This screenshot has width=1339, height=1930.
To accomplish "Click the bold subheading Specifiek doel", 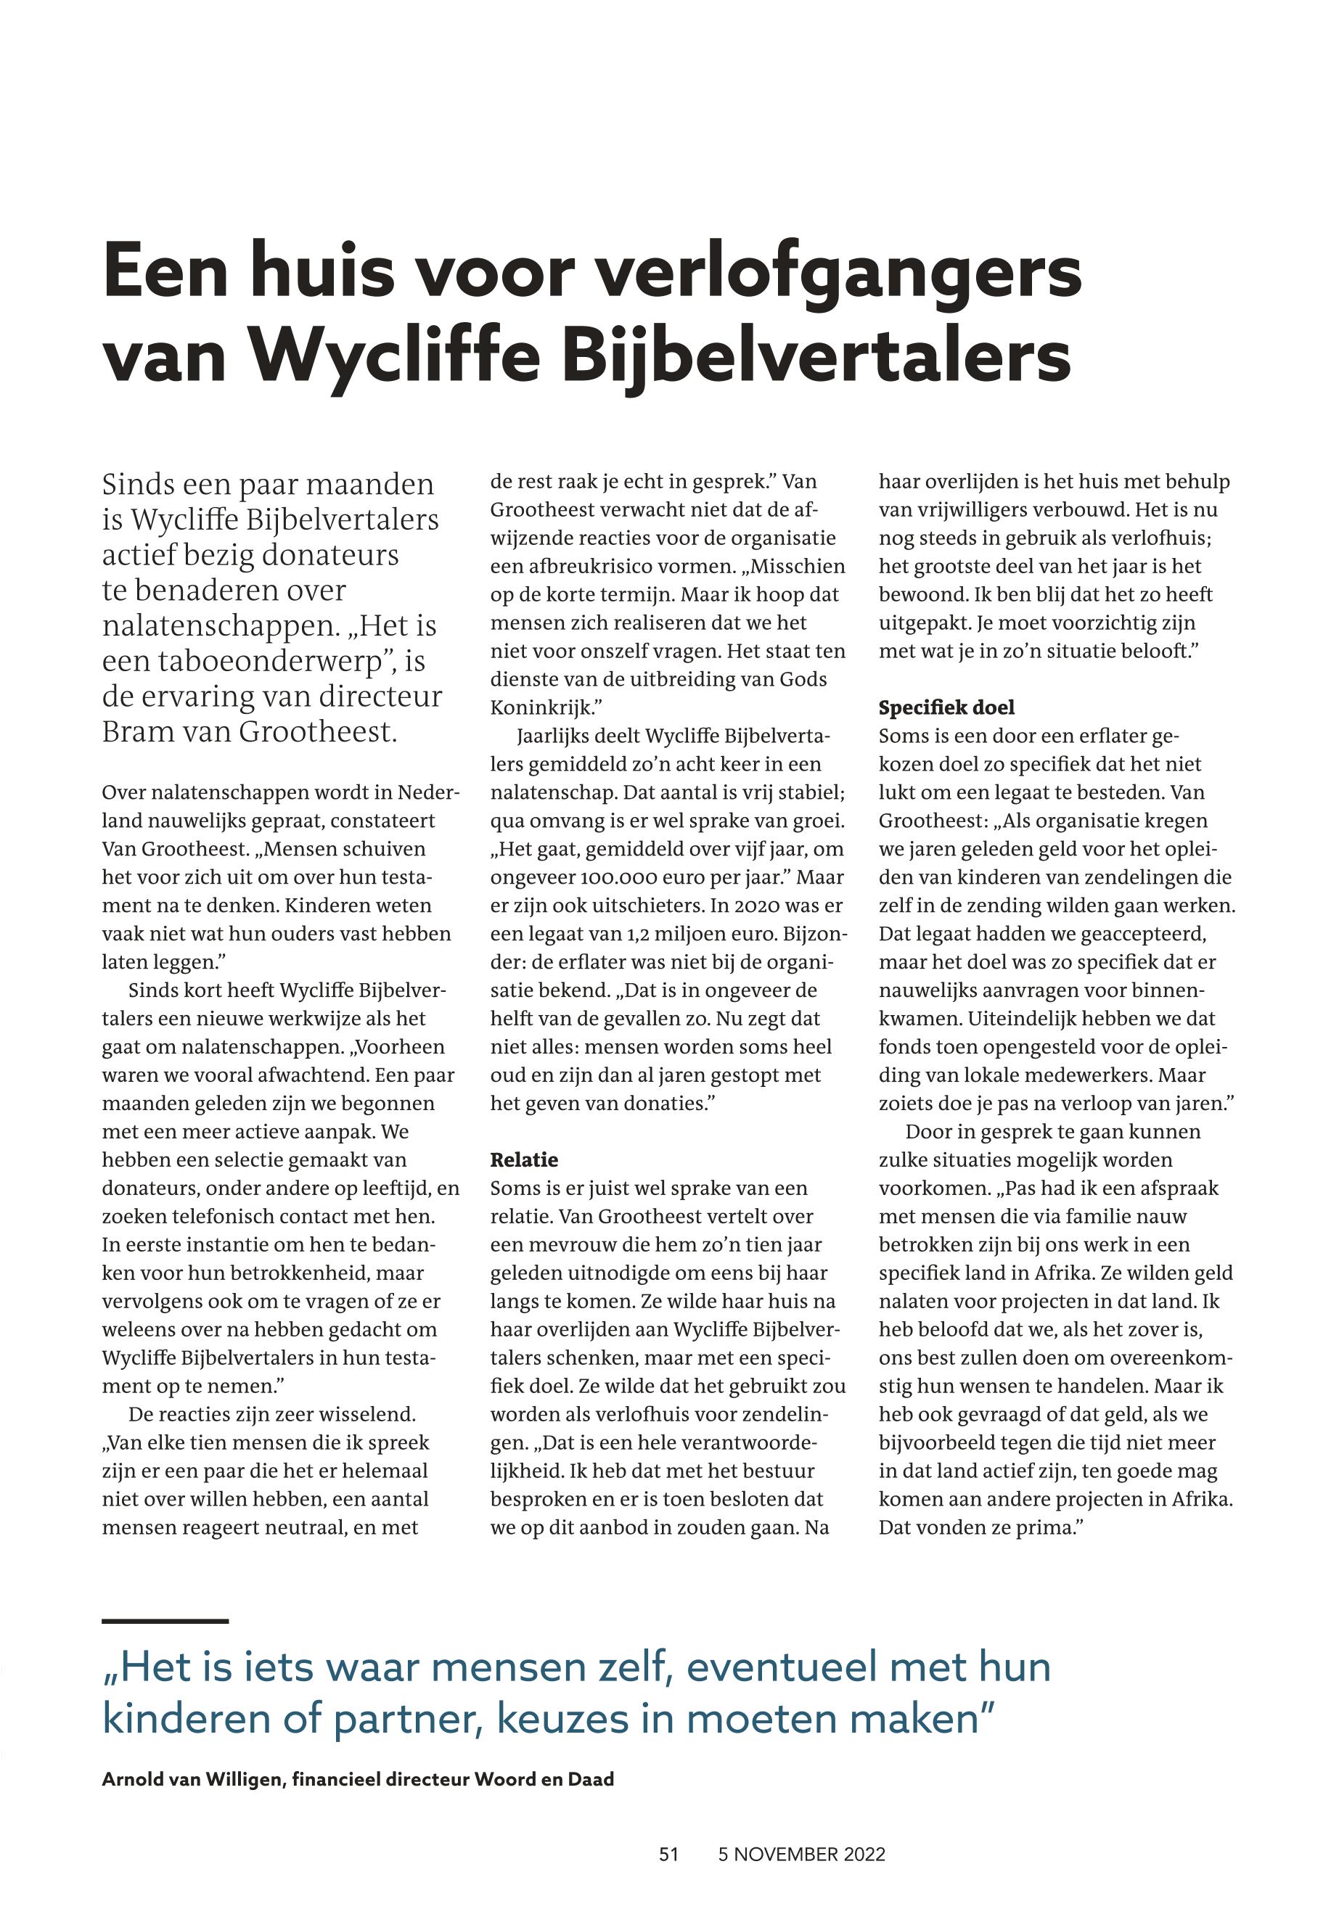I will (x=946, y=707).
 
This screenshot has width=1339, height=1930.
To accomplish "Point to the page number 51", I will (x=668, y=1855).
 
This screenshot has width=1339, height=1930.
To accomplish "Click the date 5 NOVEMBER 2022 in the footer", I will (x=801, y=1855).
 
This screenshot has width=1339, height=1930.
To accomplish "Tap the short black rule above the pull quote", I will (x=165, y=1622).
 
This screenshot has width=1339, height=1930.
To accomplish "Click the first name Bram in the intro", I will (x=136, y=732).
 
